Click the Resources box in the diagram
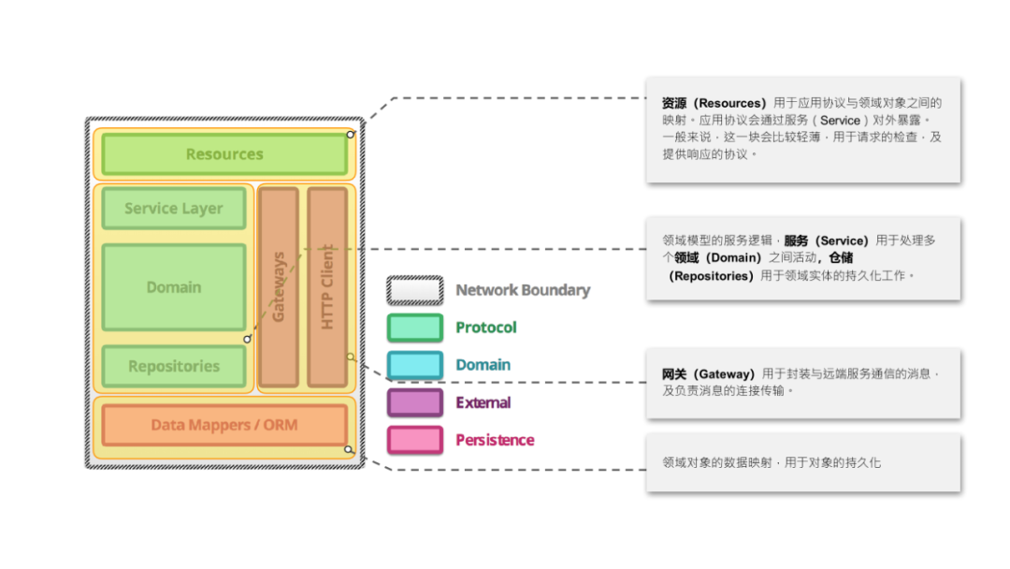tap(224, 154)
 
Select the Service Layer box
tap(174, 208)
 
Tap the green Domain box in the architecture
tap(174, 286)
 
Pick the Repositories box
tap(174, 366)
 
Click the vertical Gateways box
tap(279, 286)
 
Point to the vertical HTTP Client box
tap(327, 286)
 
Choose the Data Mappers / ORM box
tap(224, 425)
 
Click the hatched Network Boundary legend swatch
tap(415, 290)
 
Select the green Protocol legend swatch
tap(415, 328)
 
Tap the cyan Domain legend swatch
tap(415, 365)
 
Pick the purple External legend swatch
tap(415, 402)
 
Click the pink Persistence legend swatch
tap(415, 440)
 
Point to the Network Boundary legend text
tap(523, 290)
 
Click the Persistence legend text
tap(495, 440)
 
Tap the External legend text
tap(483, 402)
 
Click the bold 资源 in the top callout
tap(674, 103)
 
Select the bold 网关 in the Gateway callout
tap(674, 373)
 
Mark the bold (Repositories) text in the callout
tap(711, 276)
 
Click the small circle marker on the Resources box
tap(351, 135)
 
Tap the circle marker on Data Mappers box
tap(349, 449)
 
